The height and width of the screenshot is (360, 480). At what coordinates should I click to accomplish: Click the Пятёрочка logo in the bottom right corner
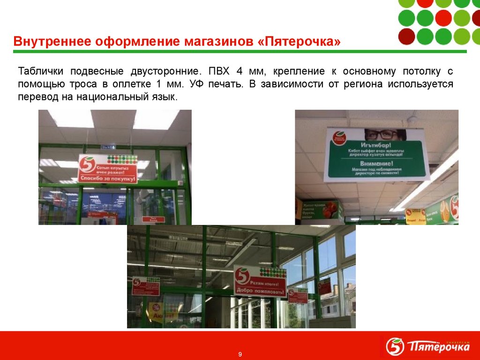[x=427, y=347]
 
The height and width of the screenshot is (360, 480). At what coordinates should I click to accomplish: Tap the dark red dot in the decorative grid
[x=406, y=36]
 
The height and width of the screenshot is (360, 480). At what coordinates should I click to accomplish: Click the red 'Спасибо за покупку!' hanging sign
[x=107, y=168]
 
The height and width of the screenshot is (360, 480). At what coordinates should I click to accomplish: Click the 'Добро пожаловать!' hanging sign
[x=260, y=282]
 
